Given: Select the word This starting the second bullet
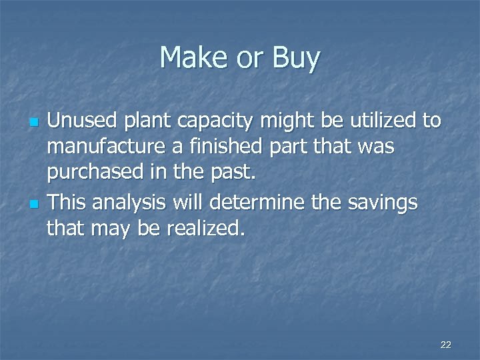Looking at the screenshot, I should [68, 202].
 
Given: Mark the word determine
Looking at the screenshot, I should [269, 202].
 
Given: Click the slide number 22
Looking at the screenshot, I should [446, 345].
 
